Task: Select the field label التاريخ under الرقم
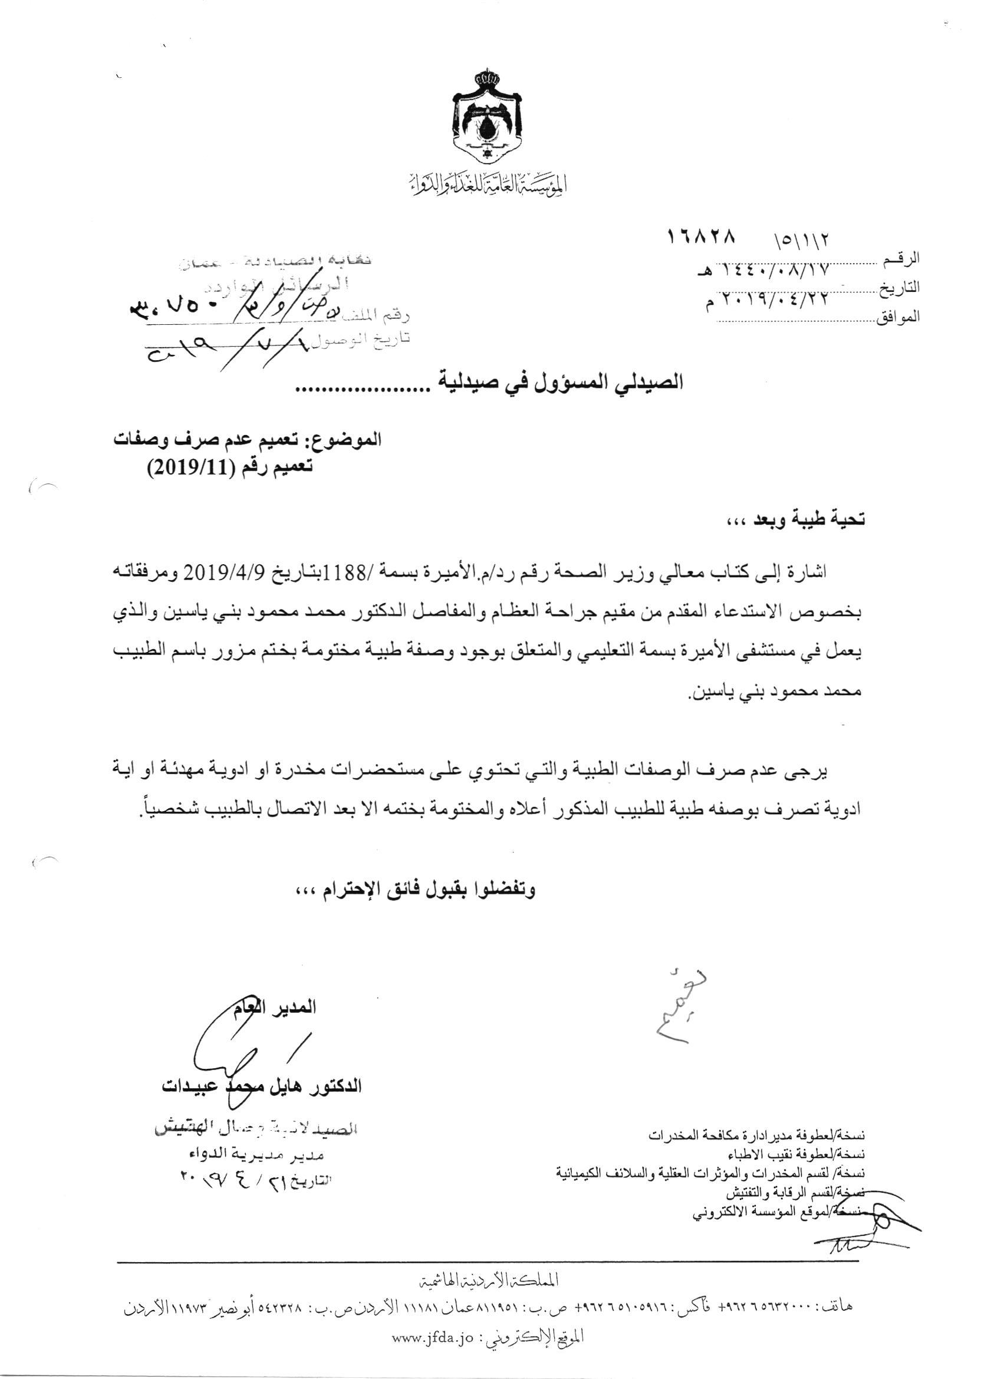[x=901, y=288]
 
